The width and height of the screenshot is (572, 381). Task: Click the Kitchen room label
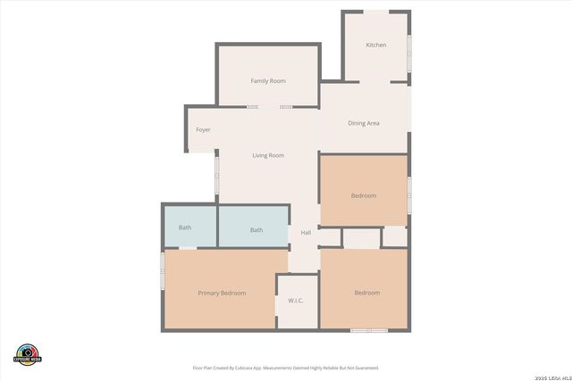(x=376, y=45)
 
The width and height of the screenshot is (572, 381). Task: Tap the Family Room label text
(x=268, y=81)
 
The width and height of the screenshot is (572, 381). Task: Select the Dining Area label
(x=364, y=123)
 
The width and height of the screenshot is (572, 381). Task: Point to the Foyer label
(x=204, y=130)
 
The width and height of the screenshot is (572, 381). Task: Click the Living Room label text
(x=268, y=155)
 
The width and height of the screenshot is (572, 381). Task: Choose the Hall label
(x=306, y=233)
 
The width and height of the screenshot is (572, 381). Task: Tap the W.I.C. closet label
(x=297, y=300)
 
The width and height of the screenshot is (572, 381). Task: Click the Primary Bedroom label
(x=222, y=293)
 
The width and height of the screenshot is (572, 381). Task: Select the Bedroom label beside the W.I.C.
(x=366, y=293)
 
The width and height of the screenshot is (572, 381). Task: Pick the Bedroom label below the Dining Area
(x=364, y=195)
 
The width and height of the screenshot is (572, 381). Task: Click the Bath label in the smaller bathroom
(x=185, y=228)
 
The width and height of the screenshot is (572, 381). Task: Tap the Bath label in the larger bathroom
(x=257, y=230)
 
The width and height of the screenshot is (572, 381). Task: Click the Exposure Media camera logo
(x=29, y=352)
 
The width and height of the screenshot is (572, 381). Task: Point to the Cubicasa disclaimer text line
(x=286, y=368)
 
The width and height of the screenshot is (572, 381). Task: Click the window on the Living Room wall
(x=216, y=175)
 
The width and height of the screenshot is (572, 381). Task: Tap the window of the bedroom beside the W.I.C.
(x=368, y=330)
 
